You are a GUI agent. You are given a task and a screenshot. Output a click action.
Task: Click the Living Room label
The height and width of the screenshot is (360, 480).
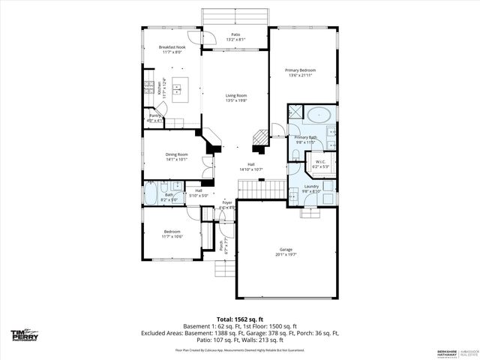tap(236, 95)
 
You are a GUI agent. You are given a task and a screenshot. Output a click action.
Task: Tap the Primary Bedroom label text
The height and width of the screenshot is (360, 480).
tap(300, 70)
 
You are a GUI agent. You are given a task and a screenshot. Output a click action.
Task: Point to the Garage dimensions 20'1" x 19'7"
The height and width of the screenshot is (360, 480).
tap(285, 254)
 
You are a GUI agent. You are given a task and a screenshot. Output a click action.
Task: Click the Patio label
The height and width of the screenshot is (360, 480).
tap(235, 34)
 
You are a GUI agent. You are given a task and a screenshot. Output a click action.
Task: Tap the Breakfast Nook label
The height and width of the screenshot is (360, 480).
tap(171, 46)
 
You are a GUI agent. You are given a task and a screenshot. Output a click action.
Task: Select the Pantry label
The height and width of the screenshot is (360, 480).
tap(154, 116)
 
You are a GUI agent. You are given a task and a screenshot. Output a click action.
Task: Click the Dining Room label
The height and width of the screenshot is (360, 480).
tap(176, 154)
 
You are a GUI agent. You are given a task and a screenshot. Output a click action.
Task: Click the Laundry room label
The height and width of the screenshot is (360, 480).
tap(311, 187)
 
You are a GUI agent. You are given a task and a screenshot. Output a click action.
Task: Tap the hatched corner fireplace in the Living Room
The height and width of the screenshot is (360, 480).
tap(258, 137)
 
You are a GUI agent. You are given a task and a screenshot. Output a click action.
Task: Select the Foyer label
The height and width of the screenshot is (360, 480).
tap(226, 202)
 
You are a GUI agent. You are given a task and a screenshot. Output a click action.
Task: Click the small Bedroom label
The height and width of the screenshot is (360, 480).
tap(172, 232)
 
